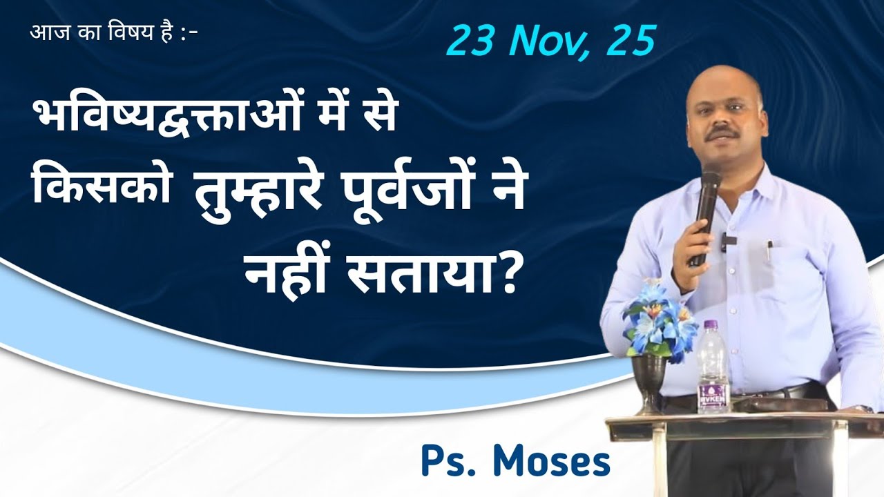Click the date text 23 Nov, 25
550,41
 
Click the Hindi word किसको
103,192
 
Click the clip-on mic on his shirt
729,241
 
